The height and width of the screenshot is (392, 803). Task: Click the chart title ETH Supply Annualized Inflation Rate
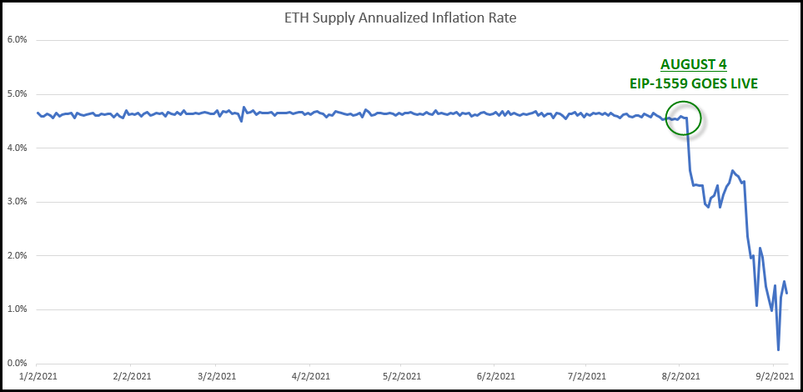[400, 19]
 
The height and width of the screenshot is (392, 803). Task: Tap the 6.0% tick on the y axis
[18, 40]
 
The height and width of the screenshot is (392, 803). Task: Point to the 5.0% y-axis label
[18, 94]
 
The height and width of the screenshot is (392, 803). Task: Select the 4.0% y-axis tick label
[18, 148]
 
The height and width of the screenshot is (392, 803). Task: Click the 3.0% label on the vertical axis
[18, 202]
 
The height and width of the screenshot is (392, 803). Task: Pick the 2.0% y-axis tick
[18, 256]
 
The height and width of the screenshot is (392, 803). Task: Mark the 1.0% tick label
[18, 309]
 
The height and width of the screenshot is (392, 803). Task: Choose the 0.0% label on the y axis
[18, 364]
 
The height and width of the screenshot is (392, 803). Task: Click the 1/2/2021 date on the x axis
[37, 376]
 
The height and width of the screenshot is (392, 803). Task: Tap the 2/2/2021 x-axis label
[130, 376]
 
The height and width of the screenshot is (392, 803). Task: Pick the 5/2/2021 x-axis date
[400, 376]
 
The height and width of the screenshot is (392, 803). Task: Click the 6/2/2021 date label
[494, 376]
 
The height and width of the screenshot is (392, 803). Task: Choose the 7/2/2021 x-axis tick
[585, 376]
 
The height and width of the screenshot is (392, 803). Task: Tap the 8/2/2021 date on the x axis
[679, 376]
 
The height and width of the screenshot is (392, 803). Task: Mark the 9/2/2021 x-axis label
[772, 376]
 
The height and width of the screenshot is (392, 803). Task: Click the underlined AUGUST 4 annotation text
[694, 65]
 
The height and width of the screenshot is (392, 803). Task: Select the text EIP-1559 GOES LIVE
[694, 83]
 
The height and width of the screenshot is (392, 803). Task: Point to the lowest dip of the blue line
[779, 350]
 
